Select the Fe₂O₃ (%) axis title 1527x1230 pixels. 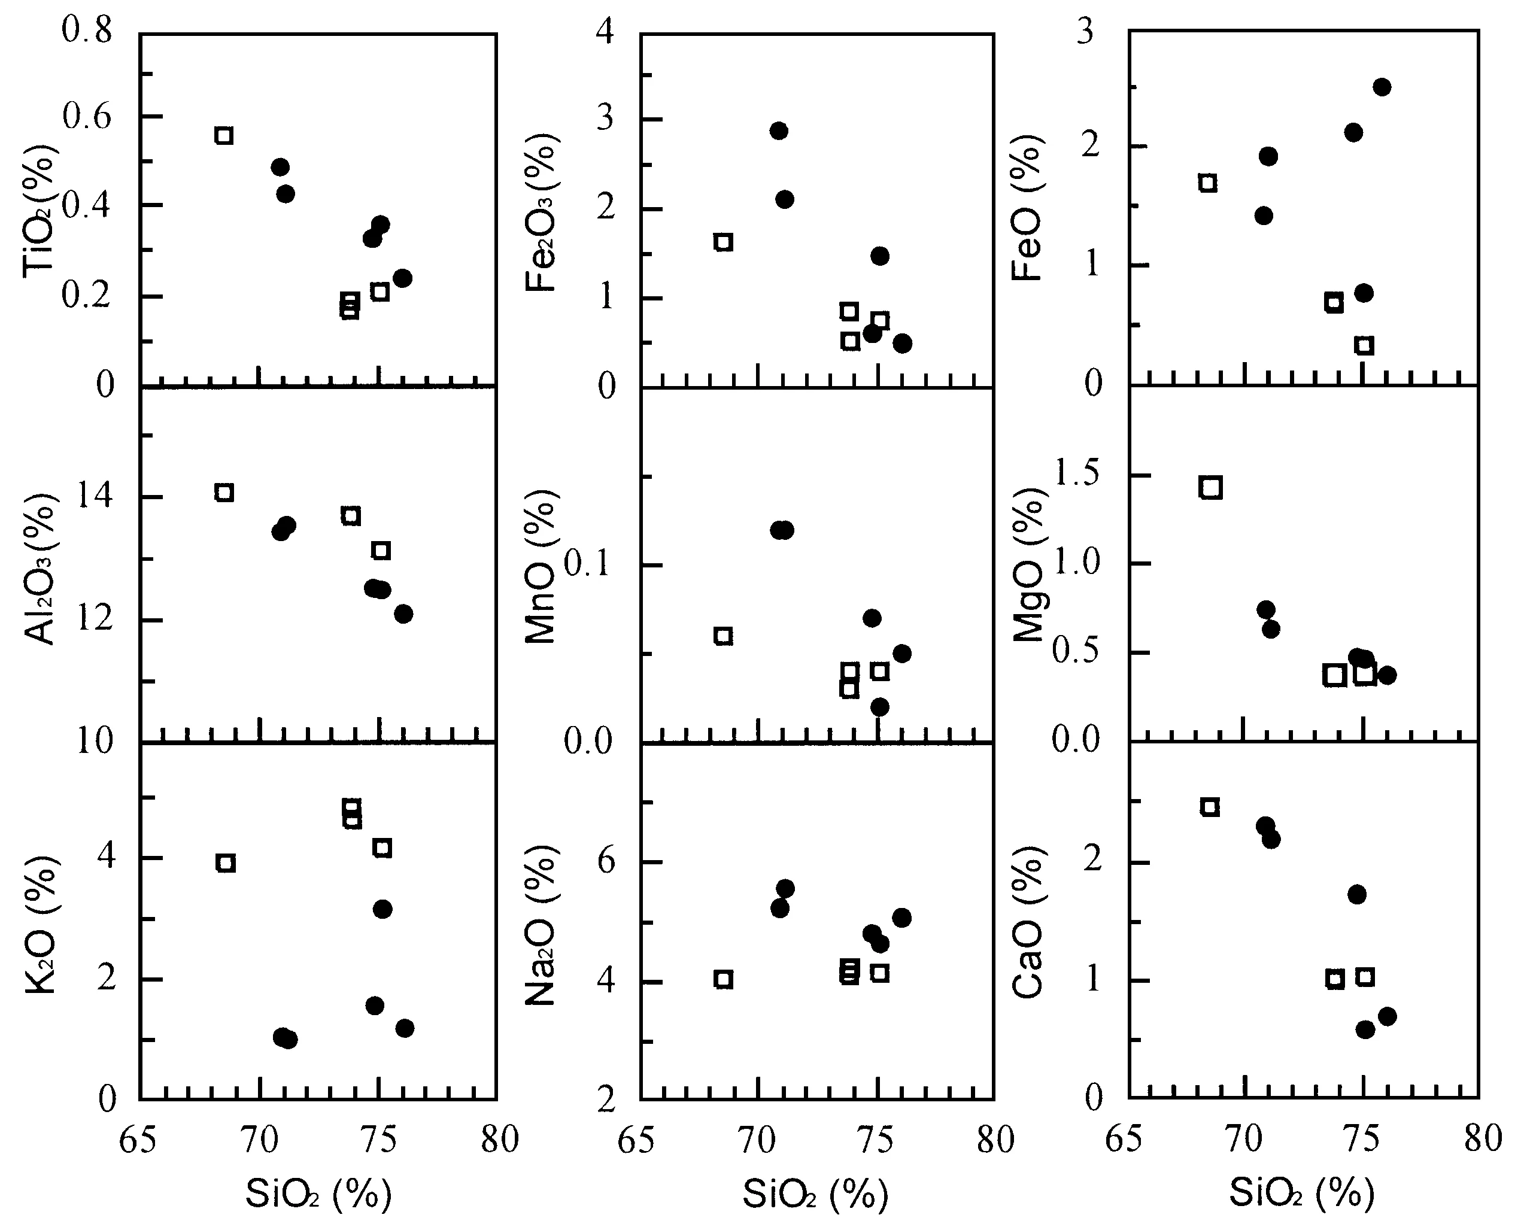tap(542, 212)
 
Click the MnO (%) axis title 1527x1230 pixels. tap(542, 567)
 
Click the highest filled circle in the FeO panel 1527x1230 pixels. tap(1382, 87)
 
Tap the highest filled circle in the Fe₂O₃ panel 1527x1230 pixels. tap(779, 130)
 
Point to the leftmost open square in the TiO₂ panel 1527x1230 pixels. tap(224, 135)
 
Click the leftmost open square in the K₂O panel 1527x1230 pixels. tap(226, 862)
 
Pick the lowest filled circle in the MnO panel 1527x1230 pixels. tap(880, 706)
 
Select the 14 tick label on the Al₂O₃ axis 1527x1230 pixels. tap(95, 496)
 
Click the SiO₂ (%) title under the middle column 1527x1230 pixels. tap(815, 1193)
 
